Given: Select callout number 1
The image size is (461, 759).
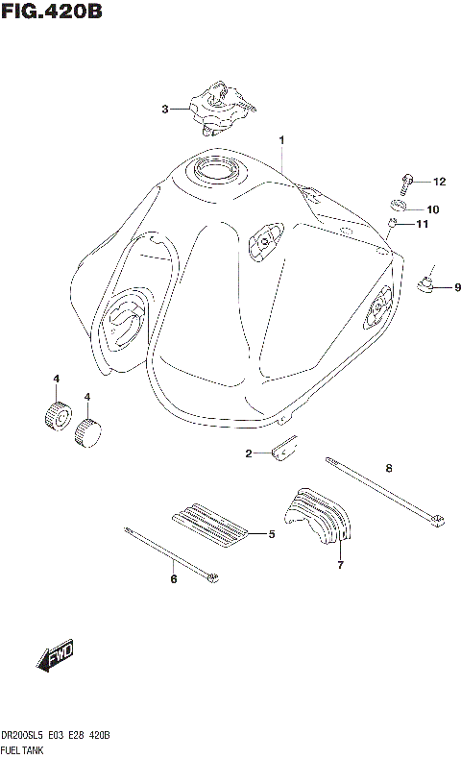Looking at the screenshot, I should point(282,140).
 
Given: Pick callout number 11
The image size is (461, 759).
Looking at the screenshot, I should point(421,226).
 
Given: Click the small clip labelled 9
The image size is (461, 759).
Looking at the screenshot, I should point(426,282).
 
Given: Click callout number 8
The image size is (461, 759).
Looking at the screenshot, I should point(389,469).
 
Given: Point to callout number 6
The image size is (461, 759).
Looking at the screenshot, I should point(174,579).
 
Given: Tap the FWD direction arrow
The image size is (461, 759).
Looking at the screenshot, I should point(55,657).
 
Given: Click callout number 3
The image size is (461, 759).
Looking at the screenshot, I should point(164,110).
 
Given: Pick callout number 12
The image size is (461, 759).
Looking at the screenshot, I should point(439,182).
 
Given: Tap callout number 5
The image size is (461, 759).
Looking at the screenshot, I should point(272,534).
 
